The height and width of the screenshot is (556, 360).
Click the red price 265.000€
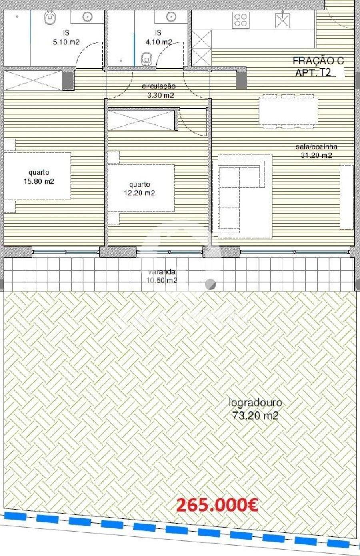tap(217, 505)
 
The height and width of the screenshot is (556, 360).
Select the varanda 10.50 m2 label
tap(162, 276)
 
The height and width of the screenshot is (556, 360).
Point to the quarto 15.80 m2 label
tap(39, 177)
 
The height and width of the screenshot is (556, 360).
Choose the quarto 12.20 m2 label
tap(140, 189)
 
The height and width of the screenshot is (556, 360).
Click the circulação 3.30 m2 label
tap(159, 91)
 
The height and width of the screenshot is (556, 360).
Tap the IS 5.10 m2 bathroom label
tap(66, 37)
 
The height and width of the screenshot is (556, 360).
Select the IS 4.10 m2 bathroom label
tap(158, 37)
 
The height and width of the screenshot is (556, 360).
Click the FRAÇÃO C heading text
tap(318, 61)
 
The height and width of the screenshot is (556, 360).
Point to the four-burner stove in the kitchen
tap(241, 20)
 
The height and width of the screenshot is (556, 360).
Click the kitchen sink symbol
tap(284, 20)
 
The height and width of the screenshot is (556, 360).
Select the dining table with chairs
tap(289, 112)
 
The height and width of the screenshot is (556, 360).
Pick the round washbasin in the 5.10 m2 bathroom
tap(88, 16)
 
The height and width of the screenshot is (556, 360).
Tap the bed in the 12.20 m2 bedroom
tap(141, 188)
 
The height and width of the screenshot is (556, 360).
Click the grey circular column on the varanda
tap(210, 284)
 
